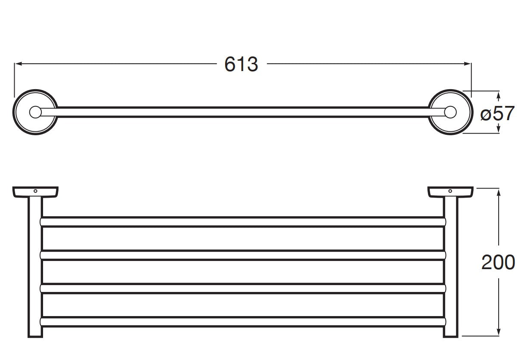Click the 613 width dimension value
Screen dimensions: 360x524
click(x=241, y=65)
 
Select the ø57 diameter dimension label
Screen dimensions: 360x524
click(x=497, y=114)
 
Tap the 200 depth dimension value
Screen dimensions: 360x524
click(x=498, y=262)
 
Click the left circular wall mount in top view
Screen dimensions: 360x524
click(x=35, y=112)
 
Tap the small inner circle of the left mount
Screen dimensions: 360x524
click(x=35, y=112)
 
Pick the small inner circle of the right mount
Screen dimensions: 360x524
click(x=450, y=112)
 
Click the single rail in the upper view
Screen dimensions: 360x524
click(x=241, y=112)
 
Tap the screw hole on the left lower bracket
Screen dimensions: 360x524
click(x=36, y=190)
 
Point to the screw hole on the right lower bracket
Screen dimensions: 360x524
click(x=450, y=190)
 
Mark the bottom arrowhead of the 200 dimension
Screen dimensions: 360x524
click(x=498, y=333)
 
